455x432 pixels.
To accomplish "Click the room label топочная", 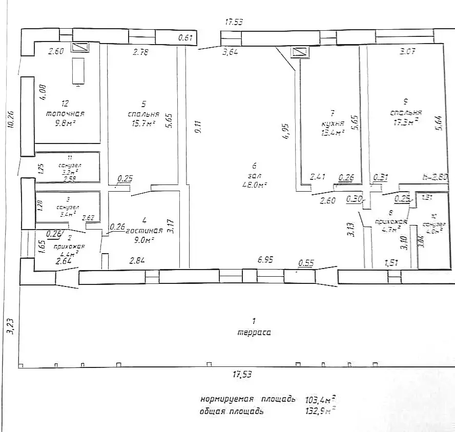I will click(65, 114).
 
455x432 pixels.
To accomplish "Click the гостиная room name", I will click(144, 231).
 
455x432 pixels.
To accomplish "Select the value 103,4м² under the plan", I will click(321, 399).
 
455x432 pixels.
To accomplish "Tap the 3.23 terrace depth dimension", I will click(9, 326).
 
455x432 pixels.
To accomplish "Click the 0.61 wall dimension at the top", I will click(185, 38).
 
